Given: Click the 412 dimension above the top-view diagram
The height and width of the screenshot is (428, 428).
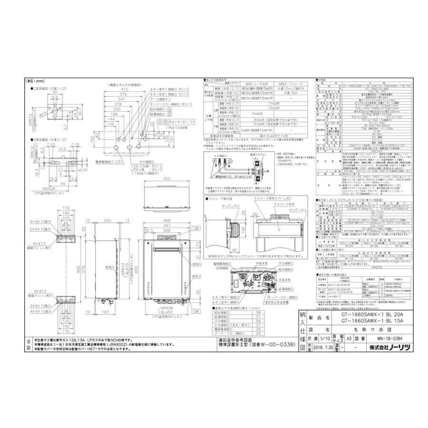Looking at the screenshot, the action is (126, 89).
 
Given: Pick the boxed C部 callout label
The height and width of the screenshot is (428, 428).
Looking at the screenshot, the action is (196, 228).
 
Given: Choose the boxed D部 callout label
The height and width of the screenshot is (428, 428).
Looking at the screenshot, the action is (196, 311).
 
